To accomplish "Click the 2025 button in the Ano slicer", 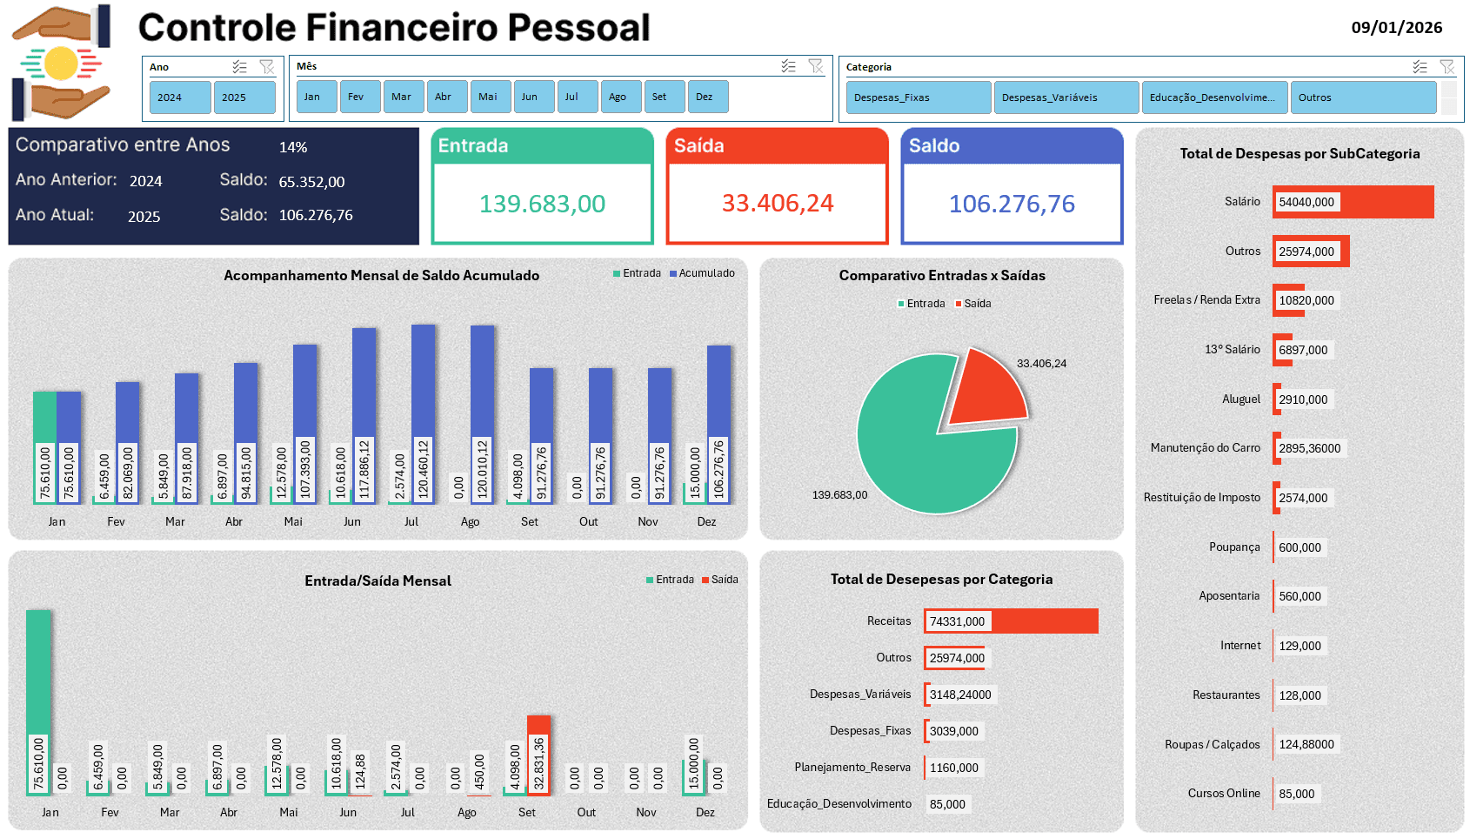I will pyautogui.click(x=244, y=97).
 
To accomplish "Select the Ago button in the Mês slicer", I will pyautogui.click(x=620, y=97).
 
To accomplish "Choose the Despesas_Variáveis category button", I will pyautogui.click(x=1066, y=97).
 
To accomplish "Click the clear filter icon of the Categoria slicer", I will pyautogui.click(x=1447, y=67).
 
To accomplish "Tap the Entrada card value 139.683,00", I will pyautogui.click(x=542, y=204).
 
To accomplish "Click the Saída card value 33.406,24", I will pyautogui.click(x=777, y=204).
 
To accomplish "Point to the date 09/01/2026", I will pyautogui.click(x=1396, y=28).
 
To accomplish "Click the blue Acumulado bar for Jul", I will pyautogui.click(x=424, y=383).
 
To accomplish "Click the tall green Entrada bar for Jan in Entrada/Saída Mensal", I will pyautogui.click(x=38, y=670).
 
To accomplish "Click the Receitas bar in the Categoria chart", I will pyautogui.click(x=1044, y=621).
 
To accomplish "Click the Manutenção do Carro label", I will pyautogui.click(x=1205, y=448).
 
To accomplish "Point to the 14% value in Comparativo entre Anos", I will pyautogui.click(x=293, y=148).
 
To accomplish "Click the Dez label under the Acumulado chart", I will pyautogui.click(x=706, y=522).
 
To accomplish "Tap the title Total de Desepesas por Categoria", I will pyautogui.click(x=941, y=580).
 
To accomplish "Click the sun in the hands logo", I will pyautogui.click(x=61, y=64).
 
